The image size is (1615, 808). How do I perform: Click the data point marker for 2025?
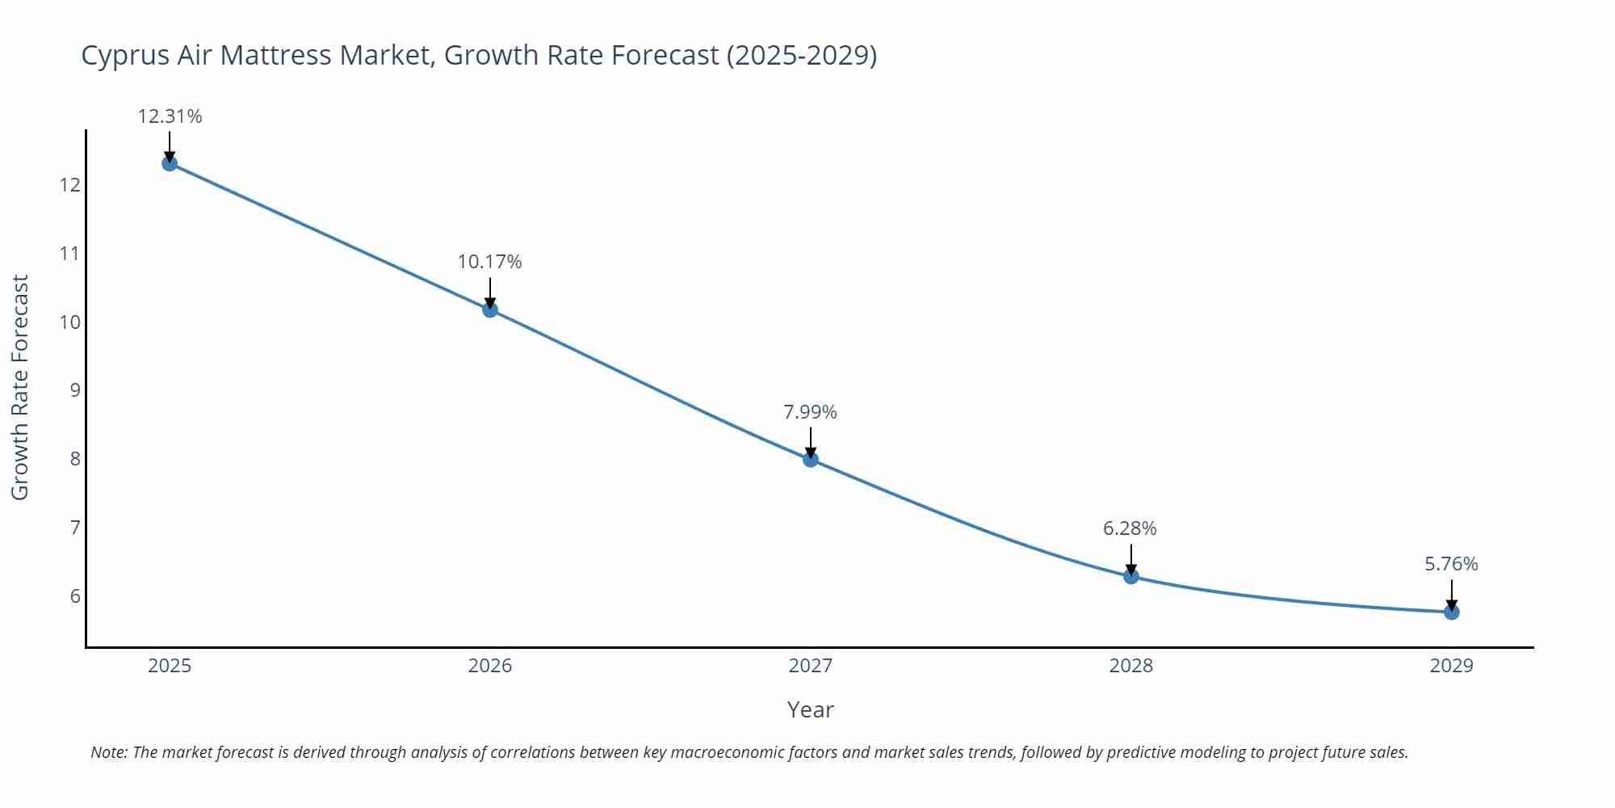click(x=170, y=163)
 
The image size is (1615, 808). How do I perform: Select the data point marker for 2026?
click(x=490, y=309)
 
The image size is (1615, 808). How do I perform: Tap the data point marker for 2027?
click(x=811, y=459)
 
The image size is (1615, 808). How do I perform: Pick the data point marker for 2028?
click(x=1130, y=576)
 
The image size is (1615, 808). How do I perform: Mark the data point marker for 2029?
click(x=1451, y=612)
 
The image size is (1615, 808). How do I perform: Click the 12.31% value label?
click(x=170, y=116)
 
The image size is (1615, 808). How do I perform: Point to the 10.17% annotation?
click(x=490, y=262)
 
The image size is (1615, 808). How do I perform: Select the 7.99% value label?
click(x=811, y=412)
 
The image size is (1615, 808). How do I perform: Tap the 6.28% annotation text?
click(x=1130, y=528)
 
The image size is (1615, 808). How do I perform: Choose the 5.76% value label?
click(x=1451, y=564)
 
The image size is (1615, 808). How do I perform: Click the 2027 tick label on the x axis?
click(x=811, y=666)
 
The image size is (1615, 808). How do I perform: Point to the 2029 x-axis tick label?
click(x=1451, y=666)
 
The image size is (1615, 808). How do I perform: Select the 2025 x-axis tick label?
click(x=170, y=666)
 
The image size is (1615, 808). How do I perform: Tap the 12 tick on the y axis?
click(x=69, y=185)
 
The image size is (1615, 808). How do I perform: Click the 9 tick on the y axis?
click(x=75, y=390)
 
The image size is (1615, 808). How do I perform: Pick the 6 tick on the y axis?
click(x=75, y=596)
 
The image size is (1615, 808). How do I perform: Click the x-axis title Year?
click(x=810, y=709)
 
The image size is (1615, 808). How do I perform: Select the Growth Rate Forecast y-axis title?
click(x=20, y=387)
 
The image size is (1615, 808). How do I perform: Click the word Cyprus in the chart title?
click(x=125, y=56)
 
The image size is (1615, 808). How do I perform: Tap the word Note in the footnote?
click(x=107, y=752)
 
